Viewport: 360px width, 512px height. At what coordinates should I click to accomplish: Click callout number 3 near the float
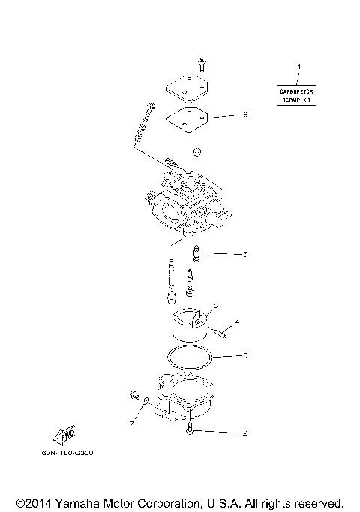tap(216, 306)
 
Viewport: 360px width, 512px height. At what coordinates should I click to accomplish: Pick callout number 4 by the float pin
tap(237, 322)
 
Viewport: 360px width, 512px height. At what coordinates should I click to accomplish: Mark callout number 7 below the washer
tap(131, 424)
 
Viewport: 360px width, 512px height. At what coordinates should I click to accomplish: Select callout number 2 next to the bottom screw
tap(244, 433)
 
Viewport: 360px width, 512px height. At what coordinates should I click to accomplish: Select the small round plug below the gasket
tap(198, 152)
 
